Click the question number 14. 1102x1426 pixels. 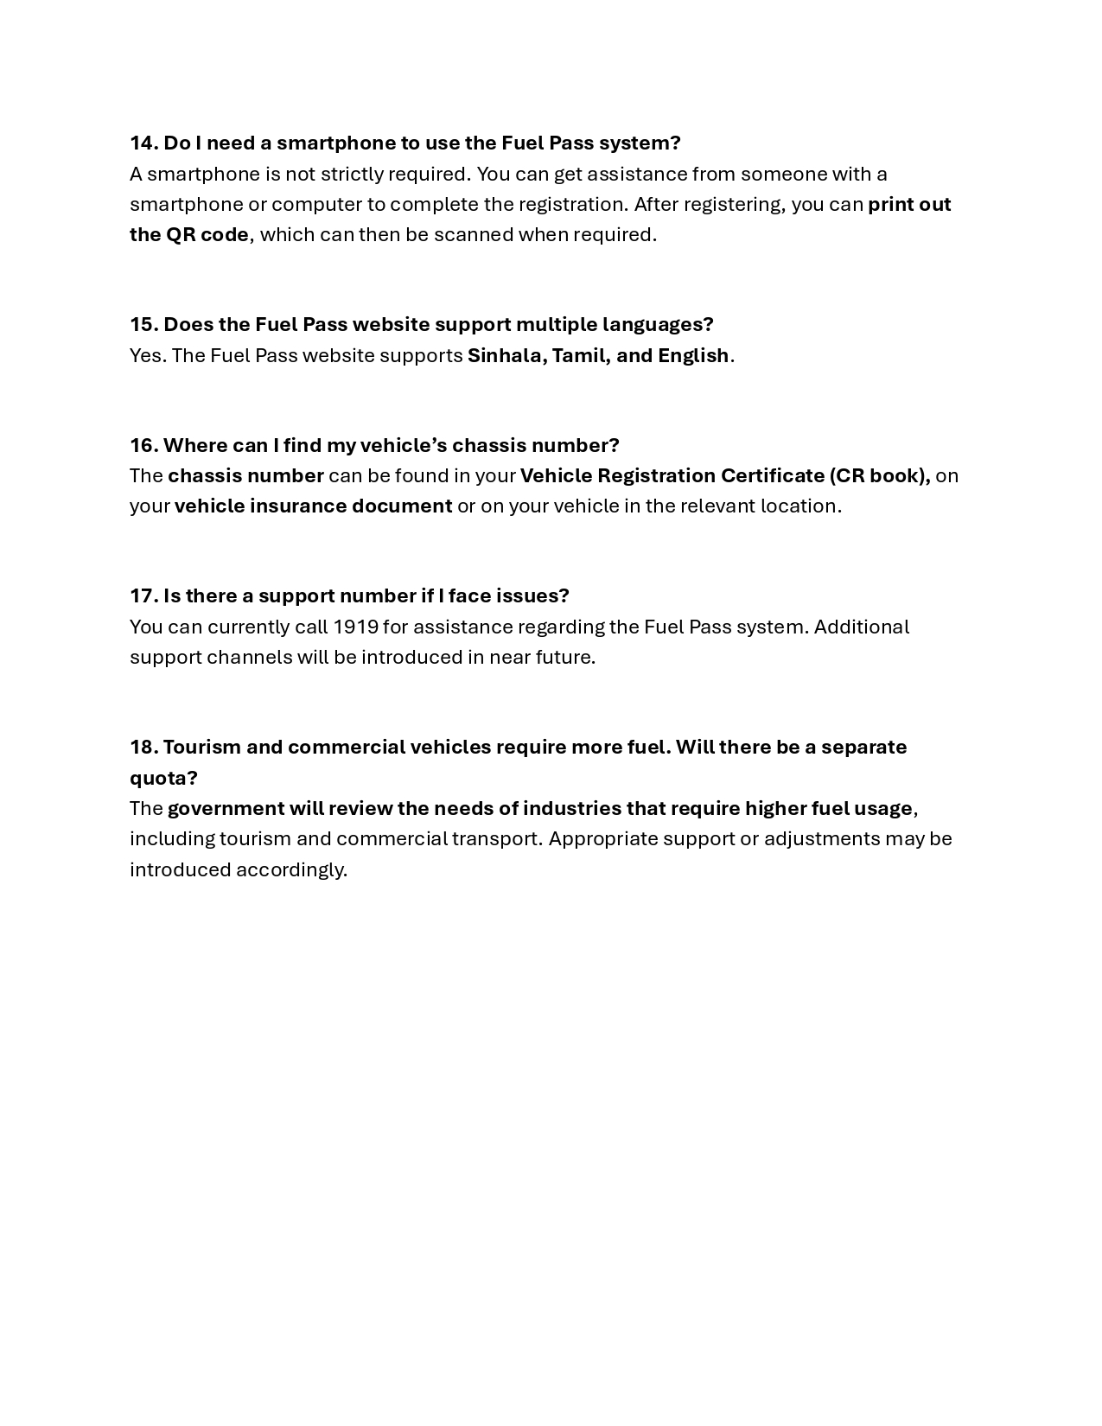[x=143, y=143]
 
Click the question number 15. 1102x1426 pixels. [x=143, y=324]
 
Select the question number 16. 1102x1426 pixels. [x=143, y=445]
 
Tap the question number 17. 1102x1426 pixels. [x=143, y=595]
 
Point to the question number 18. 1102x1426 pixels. [x=143, y=747]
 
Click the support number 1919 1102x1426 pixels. [x=355, y=627]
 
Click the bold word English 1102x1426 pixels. [x=692, y=355]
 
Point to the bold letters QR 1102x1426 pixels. [x=181, y=234]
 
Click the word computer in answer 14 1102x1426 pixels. [x=316, y=205]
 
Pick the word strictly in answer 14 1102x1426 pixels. [x=352, y=174]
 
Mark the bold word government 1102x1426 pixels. [x=226, y=809]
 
